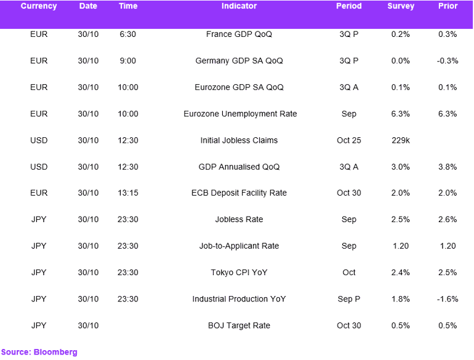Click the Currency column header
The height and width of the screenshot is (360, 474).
[39, 6]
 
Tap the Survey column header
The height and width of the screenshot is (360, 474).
[401, 6]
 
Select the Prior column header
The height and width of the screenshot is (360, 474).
[448, 6]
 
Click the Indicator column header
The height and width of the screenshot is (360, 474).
[239, 6]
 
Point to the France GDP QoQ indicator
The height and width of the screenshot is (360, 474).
[239, 34]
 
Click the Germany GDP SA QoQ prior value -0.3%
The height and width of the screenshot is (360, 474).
[448, 61]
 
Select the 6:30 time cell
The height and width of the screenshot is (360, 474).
[128, 34]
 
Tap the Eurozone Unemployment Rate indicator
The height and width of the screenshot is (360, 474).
[240, 114]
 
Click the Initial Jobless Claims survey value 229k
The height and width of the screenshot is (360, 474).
[401, 140]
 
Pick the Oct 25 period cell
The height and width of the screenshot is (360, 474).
[349, 140]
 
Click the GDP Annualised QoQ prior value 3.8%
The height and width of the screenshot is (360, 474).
[448, 167]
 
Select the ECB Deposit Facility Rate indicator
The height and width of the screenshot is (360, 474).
[239, 193]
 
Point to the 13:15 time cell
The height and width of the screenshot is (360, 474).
[128, 193]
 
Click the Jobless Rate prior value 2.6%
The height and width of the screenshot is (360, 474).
[448, 220]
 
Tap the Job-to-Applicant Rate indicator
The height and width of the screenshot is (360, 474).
[239, 246]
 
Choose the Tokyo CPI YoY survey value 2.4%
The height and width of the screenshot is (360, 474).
[401, 273]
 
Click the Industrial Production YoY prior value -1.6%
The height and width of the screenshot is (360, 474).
[448, 299]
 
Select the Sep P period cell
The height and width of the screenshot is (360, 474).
[349, 299]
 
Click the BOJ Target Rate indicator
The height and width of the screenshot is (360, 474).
[239, 326]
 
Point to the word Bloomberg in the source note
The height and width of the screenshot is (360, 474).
[55, 353]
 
